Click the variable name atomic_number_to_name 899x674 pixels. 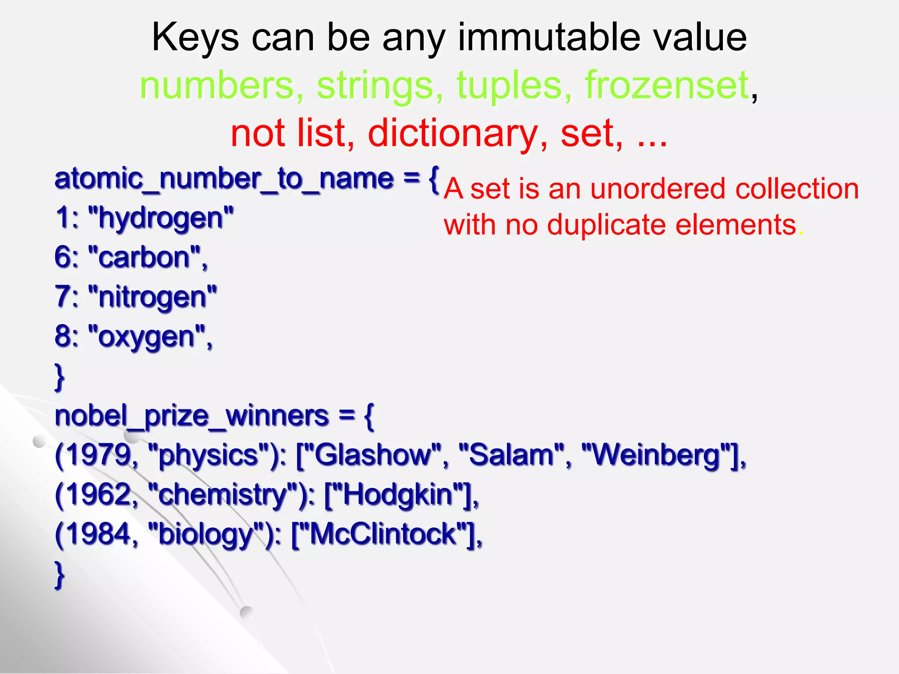[x=224, y=179]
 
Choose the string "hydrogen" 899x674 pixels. [x=161, y=218]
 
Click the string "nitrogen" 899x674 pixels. [x=152, y=297]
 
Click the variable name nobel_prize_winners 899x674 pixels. [x=191, y=416]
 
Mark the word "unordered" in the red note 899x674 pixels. [x=658, y=189]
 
